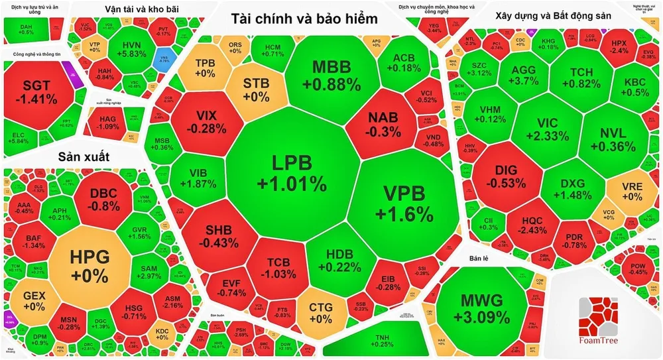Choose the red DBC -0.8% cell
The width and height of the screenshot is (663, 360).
click(104, 198)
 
